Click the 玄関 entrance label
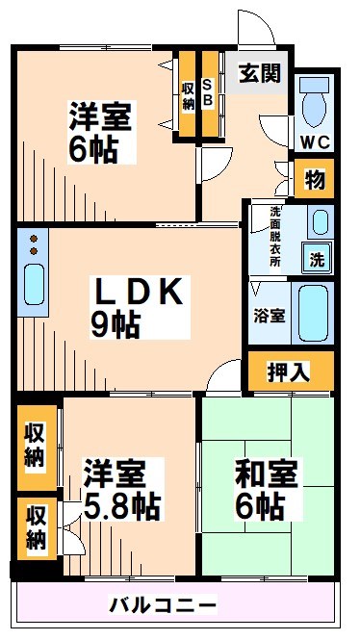(x=260, y=73)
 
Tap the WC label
(x=313, y=142)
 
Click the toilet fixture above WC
(x=314, y=101)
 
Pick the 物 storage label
(x=314, y=179)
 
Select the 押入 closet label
(x=289, y=372)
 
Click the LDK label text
(x=137, y=292)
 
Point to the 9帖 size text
(x=116, y=325)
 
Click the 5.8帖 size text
(x=120, y=503)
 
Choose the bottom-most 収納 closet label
(x=36, y=529)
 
